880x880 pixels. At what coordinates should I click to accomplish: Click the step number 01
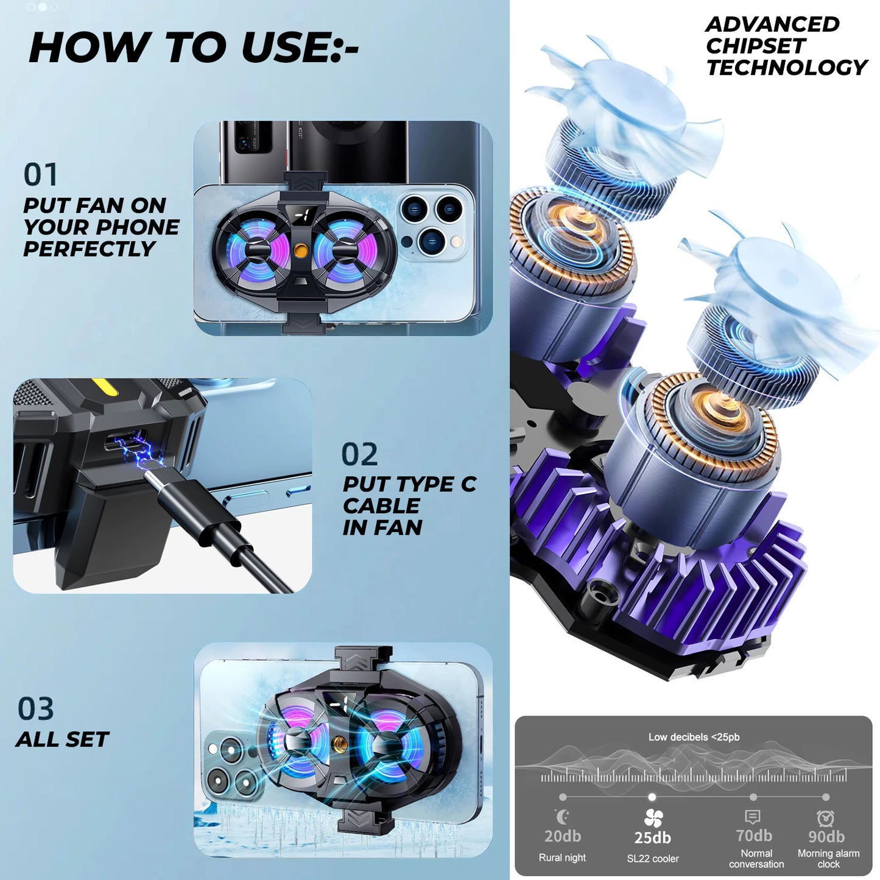pos(40,174)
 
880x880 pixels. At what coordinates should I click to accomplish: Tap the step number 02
pos(360,454)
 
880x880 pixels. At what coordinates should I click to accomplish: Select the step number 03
pos(35,709)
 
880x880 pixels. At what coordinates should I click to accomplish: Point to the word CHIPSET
pos(755,46)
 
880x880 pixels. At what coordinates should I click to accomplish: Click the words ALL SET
pos(63,739)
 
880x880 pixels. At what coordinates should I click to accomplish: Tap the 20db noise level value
pos(563,836)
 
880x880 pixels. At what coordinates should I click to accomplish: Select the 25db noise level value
pos(653,837)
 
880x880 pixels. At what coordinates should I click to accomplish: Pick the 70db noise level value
pos(754,836)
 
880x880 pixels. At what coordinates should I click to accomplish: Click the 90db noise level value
pos(826,836)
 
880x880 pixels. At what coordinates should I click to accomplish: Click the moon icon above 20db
pos(563,816)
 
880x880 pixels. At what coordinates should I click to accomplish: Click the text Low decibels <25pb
pos(694,737)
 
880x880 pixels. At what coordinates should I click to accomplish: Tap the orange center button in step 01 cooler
pos(300,250)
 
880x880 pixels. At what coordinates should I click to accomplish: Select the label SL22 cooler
pos(653,859)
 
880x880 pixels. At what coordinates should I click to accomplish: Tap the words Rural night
pos(562,857)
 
